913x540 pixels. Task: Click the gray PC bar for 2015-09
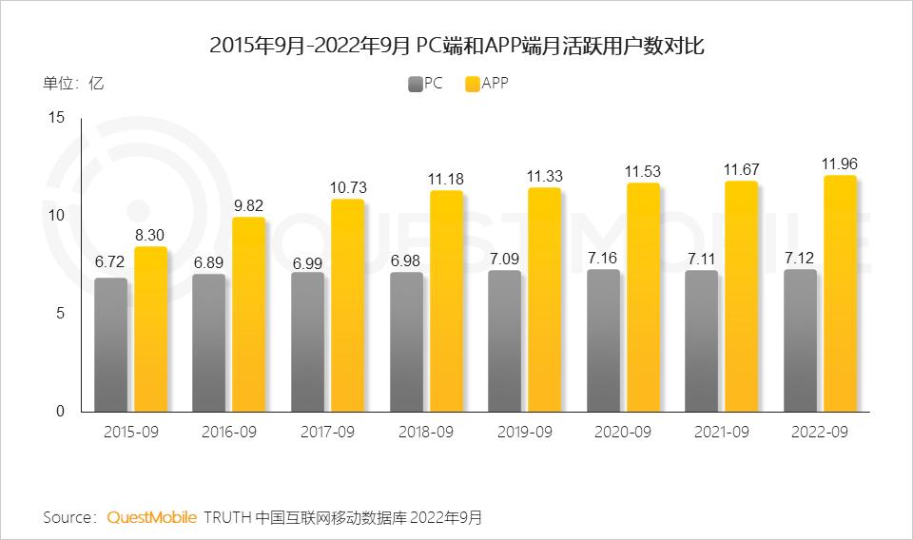110,344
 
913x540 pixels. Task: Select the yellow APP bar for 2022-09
839,293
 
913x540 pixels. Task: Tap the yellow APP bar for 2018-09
446,300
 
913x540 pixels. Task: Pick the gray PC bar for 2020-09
603,340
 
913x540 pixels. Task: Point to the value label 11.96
839,163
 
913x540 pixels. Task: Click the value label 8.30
150,234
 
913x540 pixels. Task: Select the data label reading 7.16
603,257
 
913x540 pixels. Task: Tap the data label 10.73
347,186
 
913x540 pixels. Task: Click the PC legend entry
425,83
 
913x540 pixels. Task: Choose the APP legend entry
486,83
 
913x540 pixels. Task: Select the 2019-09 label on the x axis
524,432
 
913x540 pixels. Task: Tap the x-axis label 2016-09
229,432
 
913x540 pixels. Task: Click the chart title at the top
456,45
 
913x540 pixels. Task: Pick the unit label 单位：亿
73,83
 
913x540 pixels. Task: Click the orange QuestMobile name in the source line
152,517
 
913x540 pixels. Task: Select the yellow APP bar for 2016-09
249,314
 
